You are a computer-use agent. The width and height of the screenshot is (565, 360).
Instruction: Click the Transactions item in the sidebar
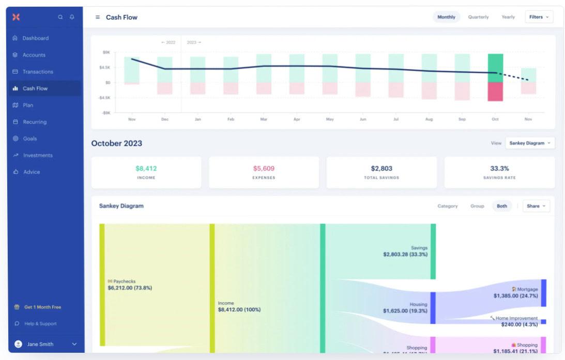click(37, 72)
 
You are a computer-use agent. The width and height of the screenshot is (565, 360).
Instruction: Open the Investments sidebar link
click(37, 155)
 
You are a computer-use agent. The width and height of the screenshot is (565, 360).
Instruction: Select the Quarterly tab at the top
click(478, 17)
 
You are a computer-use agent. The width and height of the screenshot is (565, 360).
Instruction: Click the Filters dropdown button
click(539, 17)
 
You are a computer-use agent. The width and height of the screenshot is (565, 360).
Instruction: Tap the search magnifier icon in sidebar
click(60, 17)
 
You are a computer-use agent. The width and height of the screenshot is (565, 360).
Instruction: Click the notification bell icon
click(72, 17)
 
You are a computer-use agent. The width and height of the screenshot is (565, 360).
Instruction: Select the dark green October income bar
click(495, 68)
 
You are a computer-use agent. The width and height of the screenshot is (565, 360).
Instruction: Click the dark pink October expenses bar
click(495, 91)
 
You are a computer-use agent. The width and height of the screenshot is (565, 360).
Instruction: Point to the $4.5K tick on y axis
click(105, 67)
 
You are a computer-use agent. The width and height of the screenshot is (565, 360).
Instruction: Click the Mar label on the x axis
click(264, 119)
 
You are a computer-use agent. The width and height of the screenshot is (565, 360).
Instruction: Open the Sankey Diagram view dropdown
click(530, 143)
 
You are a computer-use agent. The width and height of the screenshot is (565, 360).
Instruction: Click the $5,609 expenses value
click(264, 168)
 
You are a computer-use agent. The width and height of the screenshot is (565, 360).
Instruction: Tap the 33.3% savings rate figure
click(499, 168)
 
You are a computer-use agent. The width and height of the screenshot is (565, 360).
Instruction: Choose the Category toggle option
click(447, 206)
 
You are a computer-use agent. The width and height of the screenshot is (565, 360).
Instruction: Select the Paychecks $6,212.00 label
click(130, 285)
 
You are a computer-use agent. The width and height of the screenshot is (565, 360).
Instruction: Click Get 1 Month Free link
click(42, 307)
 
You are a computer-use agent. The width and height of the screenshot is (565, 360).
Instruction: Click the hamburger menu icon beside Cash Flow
click(98, 17)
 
